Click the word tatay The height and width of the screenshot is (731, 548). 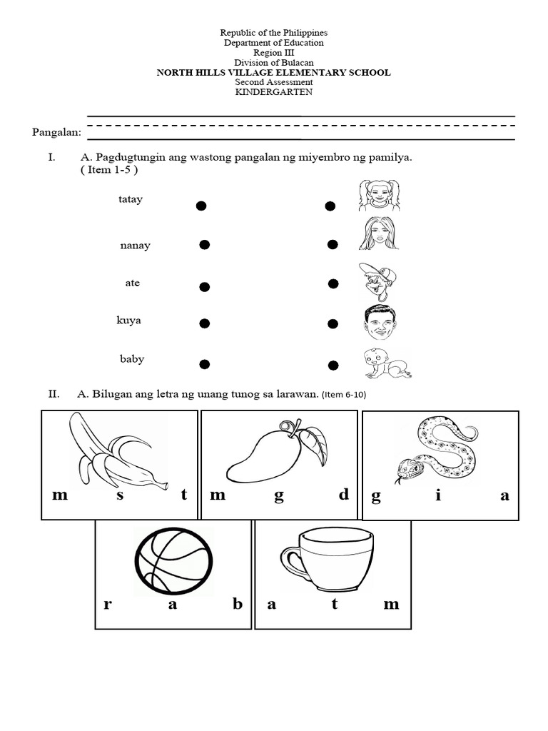coord(131,199)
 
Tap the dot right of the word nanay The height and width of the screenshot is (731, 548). coord(204,245)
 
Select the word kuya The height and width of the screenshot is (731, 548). coord(129,321)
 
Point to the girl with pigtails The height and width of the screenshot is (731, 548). coord(378,195)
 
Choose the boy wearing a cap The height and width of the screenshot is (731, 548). coord(377,281)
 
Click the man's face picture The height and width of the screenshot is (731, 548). coord(378,323)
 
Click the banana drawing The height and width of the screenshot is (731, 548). coord(114,451)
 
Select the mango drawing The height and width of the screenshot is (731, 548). coord(275,453)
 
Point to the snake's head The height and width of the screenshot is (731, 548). coord(404,470)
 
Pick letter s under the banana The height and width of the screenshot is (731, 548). coord(120,495)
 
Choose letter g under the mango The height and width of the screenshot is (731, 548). coord(279,496)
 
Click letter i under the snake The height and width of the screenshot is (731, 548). coord(438,496)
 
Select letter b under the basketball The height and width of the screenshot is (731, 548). coord(238,604)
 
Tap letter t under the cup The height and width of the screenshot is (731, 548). coord(333,604)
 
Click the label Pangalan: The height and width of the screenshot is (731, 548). coord(57,132)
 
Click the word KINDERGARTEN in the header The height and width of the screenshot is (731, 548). coord(274,91)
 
